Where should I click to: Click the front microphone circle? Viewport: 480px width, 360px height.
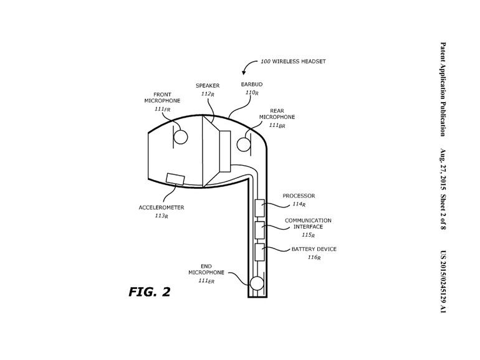180,137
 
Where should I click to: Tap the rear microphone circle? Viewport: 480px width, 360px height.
244,144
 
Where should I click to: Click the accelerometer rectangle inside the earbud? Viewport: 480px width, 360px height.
175,179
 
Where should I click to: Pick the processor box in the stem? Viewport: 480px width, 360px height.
260,207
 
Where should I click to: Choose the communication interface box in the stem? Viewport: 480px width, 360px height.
260,230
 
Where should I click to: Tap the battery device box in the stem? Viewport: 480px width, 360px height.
260,252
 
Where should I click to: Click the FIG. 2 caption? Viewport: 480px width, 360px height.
150,291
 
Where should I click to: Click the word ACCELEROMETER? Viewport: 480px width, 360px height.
161,207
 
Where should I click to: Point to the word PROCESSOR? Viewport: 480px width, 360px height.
299,196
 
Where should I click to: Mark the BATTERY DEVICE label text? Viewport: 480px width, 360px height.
314,249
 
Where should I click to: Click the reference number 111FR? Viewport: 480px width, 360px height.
162,109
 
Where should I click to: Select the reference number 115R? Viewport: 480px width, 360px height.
308,235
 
